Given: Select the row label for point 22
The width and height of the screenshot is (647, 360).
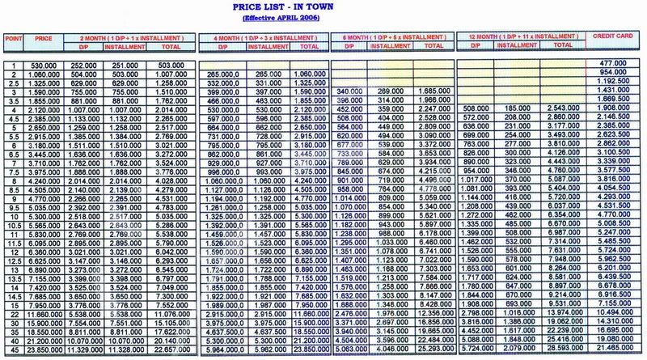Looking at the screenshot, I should [12, 312].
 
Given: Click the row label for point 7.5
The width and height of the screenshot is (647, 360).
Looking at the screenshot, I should [12, 172].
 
